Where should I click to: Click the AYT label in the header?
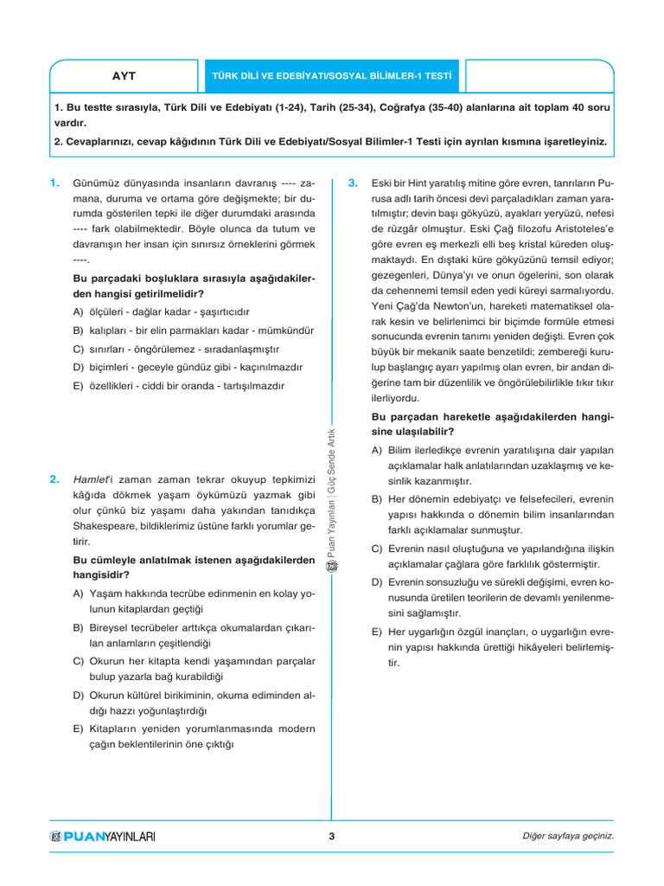click(x=124, y=76)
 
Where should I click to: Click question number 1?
click(x=54, y=183)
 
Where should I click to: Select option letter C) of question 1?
click(x=78, y=349)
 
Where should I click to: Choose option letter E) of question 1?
click(x=78, y=386)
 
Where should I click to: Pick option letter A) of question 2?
click(x=78, y=595)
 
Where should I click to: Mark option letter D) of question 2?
click(x=78, y=695)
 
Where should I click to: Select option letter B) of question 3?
click(x=376, y=499)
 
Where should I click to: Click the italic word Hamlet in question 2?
click(x=90, y=479)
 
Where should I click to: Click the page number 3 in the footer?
click(x=332, y=836)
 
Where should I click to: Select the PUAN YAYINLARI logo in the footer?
click(x=103, y=837)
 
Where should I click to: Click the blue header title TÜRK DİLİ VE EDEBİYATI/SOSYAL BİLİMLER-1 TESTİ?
click(x=333, y=76)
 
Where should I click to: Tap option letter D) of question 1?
click(x=78, y=368)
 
